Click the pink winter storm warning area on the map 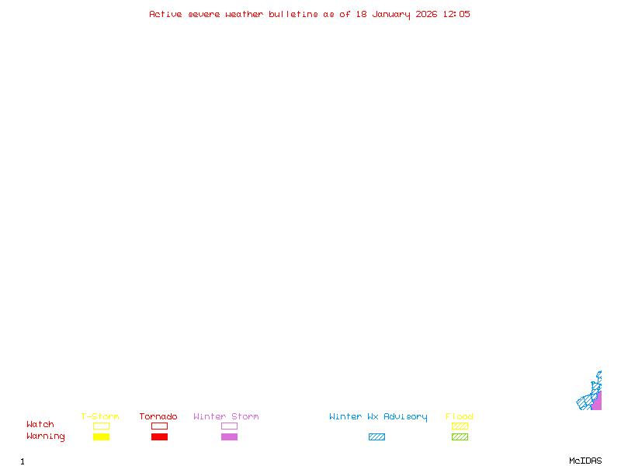point(596,402)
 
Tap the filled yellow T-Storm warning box point(101,437)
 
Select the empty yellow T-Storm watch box point(101,426)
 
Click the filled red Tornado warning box point(159,437)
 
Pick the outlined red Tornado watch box point(159,426)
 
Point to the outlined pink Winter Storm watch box point(229,426)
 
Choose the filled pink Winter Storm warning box point(229,437)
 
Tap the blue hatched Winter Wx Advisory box point(376,437)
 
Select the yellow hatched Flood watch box point(460,426)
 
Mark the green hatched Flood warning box point(460,437)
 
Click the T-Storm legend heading point(100,417)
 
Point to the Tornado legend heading point(158,417)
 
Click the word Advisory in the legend point(405,417)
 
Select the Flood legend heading point(460,417)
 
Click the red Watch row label point(40,425)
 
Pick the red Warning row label point(46,436)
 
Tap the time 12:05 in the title point(456,14)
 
